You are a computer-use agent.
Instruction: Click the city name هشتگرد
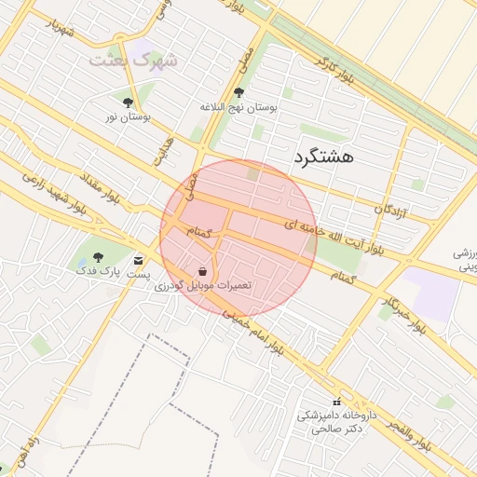[x=323, y=157]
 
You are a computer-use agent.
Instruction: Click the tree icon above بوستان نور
[x=128, y=102]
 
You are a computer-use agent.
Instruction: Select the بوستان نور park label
[x=128, y=118]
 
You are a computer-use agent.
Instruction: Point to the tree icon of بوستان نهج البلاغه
[x=239, y=91]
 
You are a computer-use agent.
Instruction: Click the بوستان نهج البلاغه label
[x=239, y=107]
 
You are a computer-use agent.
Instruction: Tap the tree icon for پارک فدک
[x=99, y=256]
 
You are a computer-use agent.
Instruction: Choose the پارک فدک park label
[x=99, y=270]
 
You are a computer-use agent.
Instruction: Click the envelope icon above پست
[x=139, y=261]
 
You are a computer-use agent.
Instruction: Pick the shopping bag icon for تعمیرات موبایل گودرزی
[x=203, y=271]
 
